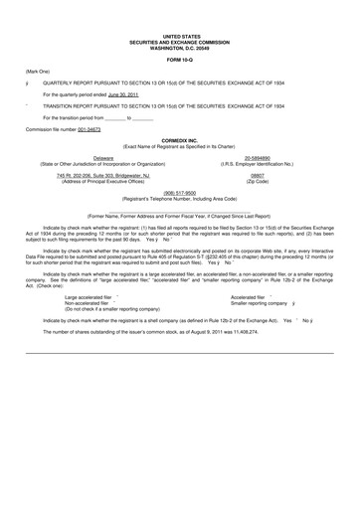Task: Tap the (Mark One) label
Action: click(x=39, y=74)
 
